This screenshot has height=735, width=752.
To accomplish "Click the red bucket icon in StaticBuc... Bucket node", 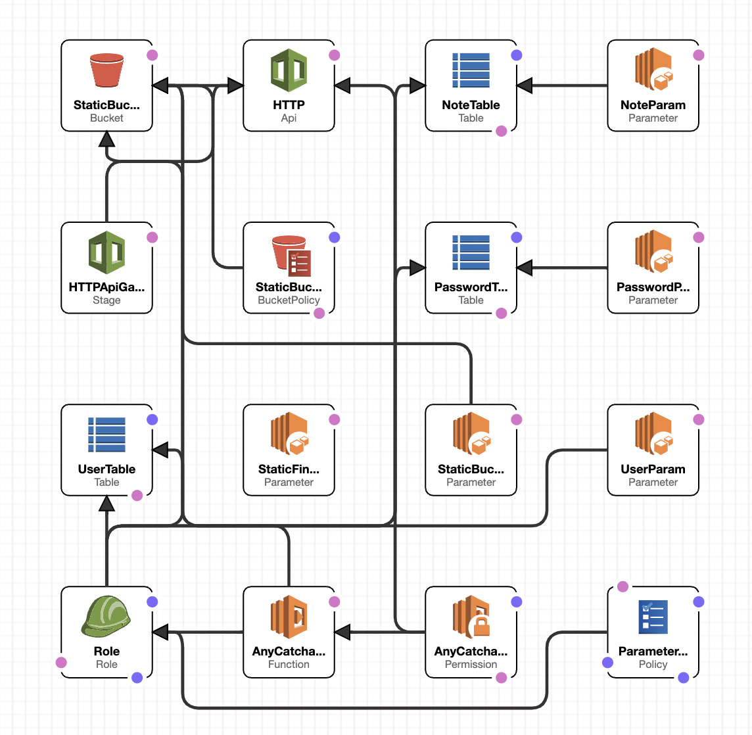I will pos(106,70).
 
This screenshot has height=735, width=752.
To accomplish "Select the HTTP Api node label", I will pos(289,105).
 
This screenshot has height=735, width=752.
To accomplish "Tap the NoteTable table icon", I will pos(471,70).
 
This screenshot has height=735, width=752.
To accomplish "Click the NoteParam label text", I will pos(653,105).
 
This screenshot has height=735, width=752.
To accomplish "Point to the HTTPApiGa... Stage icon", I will pos(106,252).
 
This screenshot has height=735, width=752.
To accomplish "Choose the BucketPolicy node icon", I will pos(291,255).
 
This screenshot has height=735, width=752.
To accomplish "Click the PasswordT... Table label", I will pos(471,287).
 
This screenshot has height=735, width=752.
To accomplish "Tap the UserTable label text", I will pos(106,469).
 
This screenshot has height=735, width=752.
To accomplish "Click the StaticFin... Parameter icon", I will pos(289,434).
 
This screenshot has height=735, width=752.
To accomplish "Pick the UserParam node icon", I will pos(653,434).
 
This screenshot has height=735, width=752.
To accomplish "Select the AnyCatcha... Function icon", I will pos(289,617).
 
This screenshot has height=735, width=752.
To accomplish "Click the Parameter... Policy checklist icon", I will pos(653,617).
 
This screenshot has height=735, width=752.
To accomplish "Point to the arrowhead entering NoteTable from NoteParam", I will pos(525,85).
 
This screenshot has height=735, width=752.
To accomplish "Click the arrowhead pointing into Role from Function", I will pos(160,632).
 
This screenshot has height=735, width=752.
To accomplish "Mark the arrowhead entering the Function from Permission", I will pos(342,632).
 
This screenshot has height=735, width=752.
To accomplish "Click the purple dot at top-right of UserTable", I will pos(153,419).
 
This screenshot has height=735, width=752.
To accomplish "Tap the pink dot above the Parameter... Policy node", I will pos(623,586).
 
